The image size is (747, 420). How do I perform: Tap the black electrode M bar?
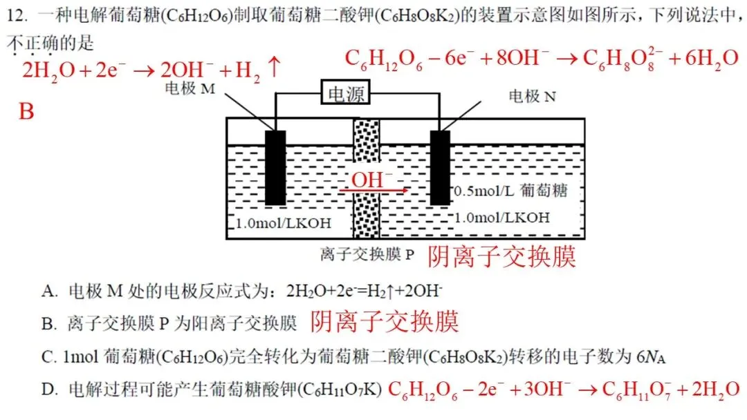click(x=275, y=167)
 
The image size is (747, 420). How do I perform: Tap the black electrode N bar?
click(x=440, y=167)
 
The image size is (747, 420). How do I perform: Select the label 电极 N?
click(x=532, y=96)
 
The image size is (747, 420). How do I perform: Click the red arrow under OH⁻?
click(x=377, y=190)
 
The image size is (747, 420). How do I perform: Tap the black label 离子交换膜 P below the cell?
click(x=367, y=254)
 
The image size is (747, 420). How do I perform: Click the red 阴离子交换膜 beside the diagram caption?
click(x=502, y=256)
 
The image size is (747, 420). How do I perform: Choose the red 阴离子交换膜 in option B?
click(x=384, y=321)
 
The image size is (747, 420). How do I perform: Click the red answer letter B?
click(x=26, y=111)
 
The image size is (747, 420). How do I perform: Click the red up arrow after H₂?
click(x=273, y=68)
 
